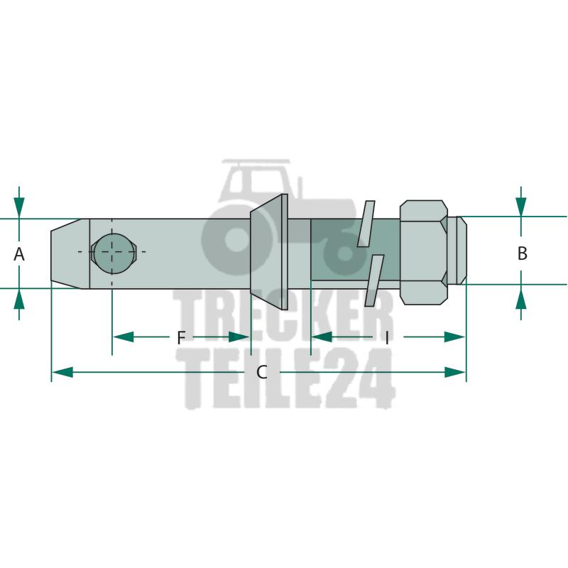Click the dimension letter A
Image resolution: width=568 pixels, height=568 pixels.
click(19, 254)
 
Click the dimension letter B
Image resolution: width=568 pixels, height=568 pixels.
click(522, 253)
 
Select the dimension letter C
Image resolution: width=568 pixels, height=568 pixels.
click(262, 372)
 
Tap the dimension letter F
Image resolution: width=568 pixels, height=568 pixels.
click(181, 338)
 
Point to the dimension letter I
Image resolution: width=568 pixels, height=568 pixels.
click(387, 338)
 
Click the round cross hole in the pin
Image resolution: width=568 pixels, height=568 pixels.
click(114, 251)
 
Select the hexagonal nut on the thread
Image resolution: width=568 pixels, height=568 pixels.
click(423, 253)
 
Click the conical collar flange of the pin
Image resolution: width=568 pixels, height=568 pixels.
click(269, 252)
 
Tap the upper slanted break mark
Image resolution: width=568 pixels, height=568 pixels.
click(366, 224)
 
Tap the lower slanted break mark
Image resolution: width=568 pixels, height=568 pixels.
click(374, 280)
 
